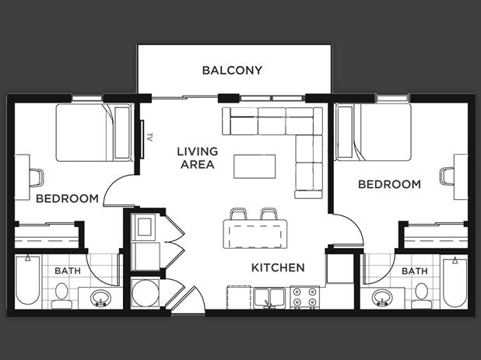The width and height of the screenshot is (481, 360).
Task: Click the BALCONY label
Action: point(232,70)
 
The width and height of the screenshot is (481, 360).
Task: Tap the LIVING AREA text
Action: point(197,158)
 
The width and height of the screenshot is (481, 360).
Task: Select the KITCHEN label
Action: point(277,267)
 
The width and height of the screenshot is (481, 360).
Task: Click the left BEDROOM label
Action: point(67,198)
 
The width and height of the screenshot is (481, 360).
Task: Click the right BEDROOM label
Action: point(389,184)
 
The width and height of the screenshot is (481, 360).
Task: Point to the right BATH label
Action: point(414,271)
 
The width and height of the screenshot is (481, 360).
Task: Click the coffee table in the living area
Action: point(255,166)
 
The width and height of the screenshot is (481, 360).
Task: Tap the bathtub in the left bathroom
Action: point(26,281)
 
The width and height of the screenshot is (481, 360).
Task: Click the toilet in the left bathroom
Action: point(61,293)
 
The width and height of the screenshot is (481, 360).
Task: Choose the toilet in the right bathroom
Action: point(420,293)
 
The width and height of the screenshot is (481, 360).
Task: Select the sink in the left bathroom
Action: point(100,297)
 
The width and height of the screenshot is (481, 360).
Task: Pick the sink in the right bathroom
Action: point(381,297)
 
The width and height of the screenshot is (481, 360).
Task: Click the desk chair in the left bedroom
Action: point(36,177)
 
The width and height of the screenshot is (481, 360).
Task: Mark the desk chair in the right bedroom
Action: point(446,176)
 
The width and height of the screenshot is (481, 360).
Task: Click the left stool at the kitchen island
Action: point(239,214)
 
